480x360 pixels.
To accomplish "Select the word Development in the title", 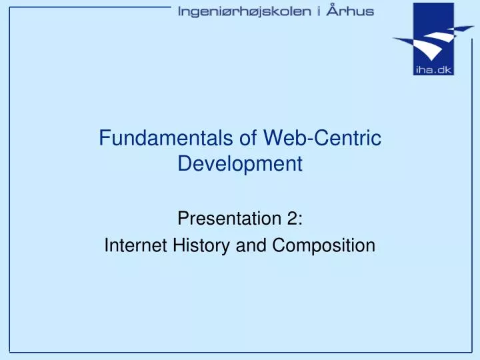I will point(240,163).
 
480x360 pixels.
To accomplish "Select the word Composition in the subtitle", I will point(323,245).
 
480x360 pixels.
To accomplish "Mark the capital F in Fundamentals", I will point(104,138).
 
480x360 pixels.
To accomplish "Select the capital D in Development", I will point(184,163).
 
